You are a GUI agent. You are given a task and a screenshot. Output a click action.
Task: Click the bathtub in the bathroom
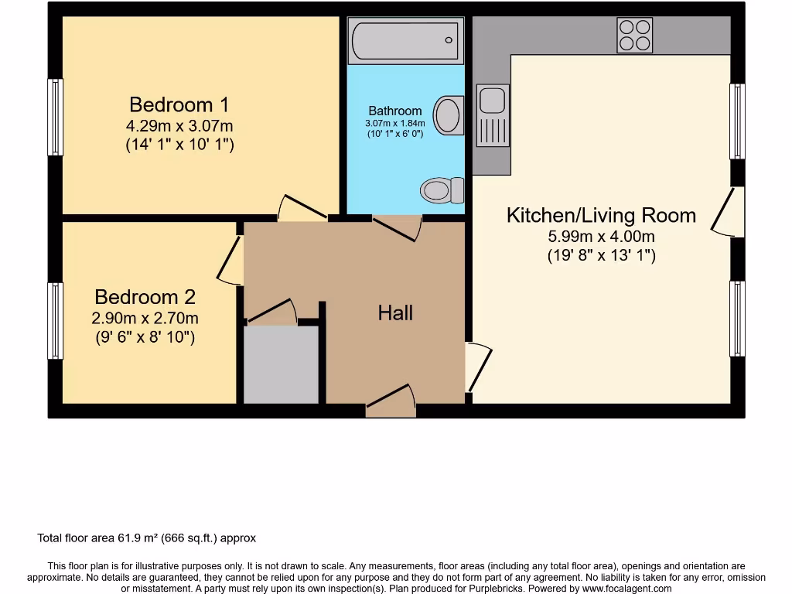(405, 40)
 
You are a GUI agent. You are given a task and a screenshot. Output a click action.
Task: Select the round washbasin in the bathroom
(448, 115)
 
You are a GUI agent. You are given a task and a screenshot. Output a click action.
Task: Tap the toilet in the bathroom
(441, 189)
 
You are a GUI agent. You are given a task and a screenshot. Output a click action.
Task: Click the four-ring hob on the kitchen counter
(634, 35)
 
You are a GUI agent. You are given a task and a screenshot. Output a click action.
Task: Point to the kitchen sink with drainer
(492, 115)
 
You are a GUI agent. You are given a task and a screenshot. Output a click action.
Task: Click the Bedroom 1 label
(179, 104)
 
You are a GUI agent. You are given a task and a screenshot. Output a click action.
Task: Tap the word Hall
(395, 313)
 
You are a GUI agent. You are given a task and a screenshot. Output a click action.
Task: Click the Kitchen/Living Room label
(601, 215)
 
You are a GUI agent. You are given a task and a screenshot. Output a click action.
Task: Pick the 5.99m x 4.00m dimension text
(601, 237)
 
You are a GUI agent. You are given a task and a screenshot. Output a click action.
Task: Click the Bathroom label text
(395, 111)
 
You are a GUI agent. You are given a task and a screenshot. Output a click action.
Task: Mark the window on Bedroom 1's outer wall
(55, 118)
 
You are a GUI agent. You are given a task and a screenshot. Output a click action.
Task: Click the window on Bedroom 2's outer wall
(55, 320)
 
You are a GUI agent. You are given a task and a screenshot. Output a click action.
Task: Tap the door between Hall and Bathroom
(397, 227)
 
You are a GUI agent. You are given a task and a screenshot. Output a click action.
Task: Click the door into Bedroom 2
(230, 260)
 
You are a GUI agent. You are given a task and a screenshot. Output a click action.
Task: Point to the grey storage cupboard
(281, 364)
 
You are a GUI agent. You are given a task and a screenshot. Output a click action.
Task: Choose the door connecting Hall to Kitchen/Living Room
(477, 367)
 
